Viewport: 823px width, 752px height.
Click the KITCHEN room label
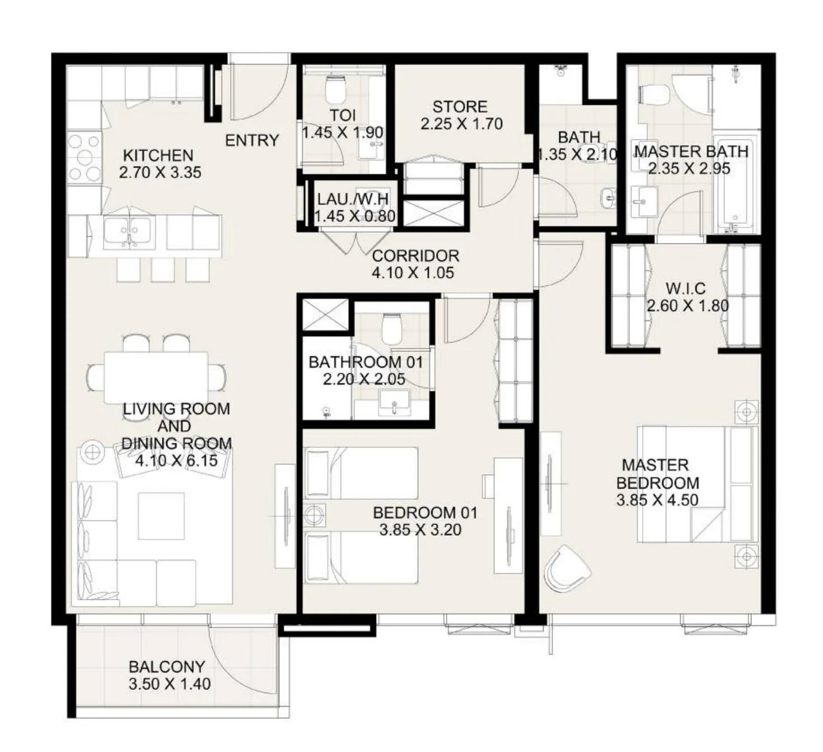click(x=158, y=155)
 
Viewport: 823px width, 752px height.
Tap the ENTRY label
click(x=252, y=140)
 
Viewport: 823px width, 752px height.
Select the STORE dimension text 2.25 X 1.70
click(x=461, y=124)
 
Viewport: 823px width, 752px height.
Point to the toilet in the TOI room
click(x=336, y=90)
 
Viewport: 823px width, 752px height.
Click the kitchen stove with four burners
click(x=84, y=158)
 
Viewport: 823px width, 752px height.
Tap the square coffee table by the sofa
click(x=161, y=516)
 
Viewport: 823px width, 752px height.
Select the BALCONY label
click(x=166, y=667)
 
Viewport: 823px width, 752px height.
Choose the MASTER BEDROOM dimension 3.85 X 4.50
click(x=657, y=500)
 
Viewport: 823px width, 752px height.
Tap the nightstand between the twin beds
click(x=314, y=515)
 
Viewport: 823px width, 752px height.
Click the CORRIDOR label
click(x=415, y=256)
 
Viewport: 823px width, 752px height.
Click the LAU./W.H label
click(x=353, y=199)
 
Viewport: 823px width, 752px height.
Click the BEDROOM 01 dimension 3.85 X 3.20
click(x=420, y=530)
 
